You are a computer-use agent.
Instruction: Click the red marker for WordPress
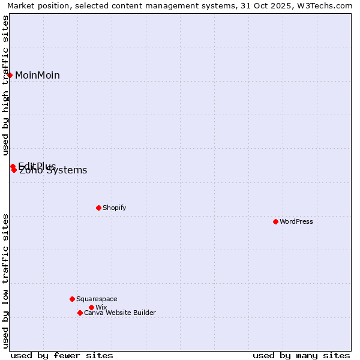(x=275, y=221)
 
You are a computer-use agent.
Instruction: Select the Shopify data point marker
(x=98, y=208)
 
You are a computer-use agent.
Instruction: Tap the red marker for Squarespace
(x=72, y=299)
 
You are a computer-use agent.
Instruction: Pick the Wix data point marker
(x=91, y=307)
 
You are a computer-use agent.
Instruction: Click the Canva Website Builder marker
(x=80, y=313)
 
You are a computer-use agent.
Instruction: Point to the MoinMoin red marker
(x=10, y=75)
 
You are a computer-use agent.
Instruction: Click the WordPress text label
(x=296, y=221)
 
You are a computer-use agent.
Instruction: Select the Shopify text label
(x=114, y=208)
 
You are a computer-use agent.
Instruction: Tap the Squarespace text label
(x=97, y=299)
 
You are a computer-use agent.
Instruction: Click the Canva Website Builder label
(x=120, y=313)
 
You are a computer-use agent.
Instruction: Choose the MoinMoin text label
(x=37, y=75)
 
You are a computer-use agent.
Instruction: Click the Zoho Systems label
(x=53, y=170)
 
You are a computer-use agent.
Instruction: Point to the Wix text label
(x=101, y=307)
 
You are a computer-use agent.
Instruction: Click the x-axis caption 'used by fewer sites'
(x=62, y=355)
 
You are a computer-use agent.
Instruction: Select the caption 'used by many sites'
(x=301, y=355)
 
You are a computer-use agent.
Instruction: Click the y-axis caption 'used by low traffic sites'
(x=6, y=280)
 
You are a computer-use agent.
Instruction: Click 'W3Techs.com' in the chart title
(x=327, y=6)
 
